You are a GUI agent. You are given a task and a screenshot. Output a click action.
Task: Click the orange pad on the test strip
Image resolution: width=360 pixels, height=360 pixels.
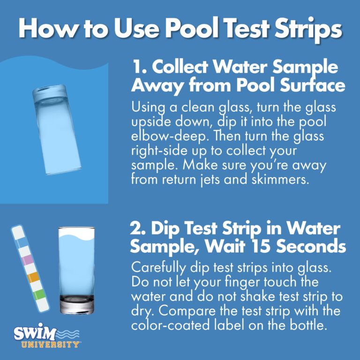coord(33,277)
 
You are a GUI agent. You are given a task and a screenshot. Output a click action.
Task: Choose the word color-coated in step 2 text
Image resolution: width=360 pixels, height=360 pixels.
coord(170,326)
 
